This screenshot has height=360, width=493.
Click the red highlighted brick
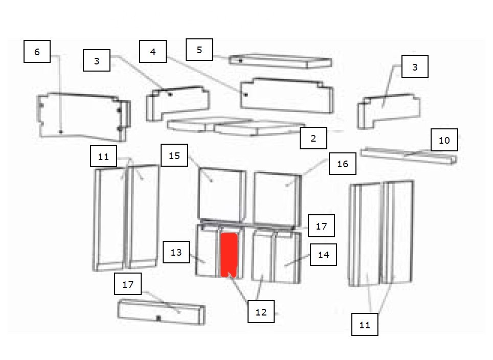(x=229, y=255)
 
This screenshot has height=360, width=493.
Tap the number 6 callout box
(x=37, y=51)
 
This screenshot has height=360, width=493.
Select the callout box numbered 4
(x=153, y=51)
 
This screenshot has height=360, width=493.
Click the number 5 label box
(x=199, y=50)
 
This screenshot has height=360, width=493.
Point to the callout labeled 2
(x=313, y=138)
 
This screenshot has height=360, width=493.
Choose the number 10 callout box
(x=444, y=140)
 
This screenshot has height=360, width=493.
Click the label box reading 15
(x=174, y=155)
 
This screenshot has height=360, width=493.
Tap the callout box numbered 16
(x=343, y=164)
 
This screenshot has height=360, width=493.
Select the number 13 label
(x=176, y=252)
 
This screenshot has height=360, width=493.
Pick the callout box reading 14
(x=323, y=255)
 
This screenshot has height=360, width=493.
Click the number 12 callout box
(x=261, y=312)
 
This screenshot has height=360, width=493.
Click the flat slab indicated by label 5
(x=280, y=61)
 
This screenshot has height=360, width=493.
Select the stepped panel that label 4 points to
(x=287, y=96)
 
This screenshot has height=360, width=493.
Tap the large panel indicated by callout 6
(x=83, y=117)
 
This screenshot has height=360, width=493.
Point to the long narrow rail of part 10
(x=409, y=155)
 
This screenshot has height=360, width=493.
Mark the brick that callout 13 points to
(x=207, y=251)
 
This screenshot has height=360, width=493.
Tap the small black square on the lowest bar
(x=159, y=319)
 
